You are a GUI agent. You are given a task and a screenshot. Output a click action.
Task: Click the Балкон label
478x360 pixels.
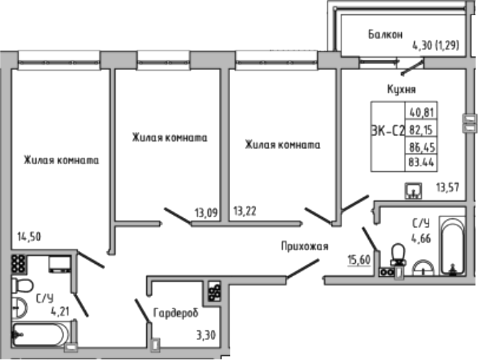click(x=385, y=34)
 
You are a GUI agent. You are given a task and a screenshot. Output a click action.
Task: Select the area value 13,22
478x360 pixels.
click(x=247, y=212)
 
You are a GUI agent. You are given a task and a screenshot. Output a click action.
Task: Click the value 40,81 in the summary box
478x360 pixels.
click(x=422, y=113)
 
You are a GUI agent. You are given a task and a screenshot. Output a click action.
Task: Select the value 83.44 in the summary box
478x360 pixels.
click(x=422, y=163)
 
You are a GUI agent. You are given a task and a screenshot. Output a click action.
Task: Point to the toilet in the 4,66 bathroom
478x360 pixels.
click(x=398, y=256)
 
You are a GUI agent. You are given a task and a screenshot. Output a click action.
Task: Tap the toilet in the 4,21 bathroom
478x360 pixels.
click(x=23, y=285)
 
